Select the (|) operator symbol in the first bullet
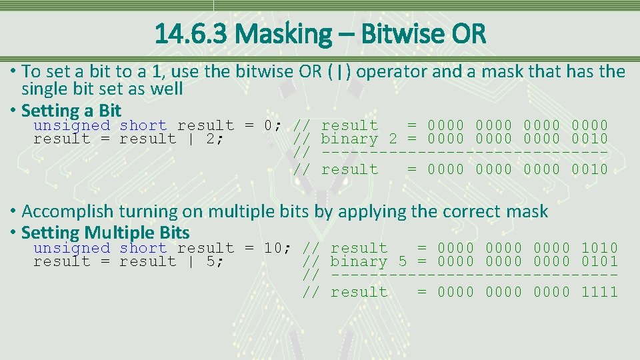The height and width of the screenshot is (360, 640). coord(341,72)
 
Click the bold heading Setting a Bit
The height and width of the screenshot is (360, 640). coord(71,110)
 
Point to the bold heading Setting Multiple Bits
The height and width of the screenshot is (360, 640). coord(105,233)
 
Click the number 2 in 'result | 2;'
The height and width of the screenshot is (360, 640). coord(210,139)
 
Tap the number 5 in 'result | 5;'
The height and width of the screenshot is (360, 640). coord(210,261)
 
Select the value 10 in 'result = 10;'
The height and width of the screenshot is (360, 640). coord(273,248)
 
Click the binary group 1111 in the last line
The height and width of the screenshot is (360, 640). coord(599,292)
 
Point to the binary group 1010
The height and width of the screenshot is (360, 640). coord(599,248)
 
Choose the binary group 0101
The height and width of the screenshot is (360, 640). coord(599,261)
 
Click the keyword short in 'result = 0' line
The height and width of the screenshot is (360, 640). coord(143,125)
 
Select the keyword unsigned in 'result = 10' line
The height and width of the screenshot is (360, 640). coord(71,248)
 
